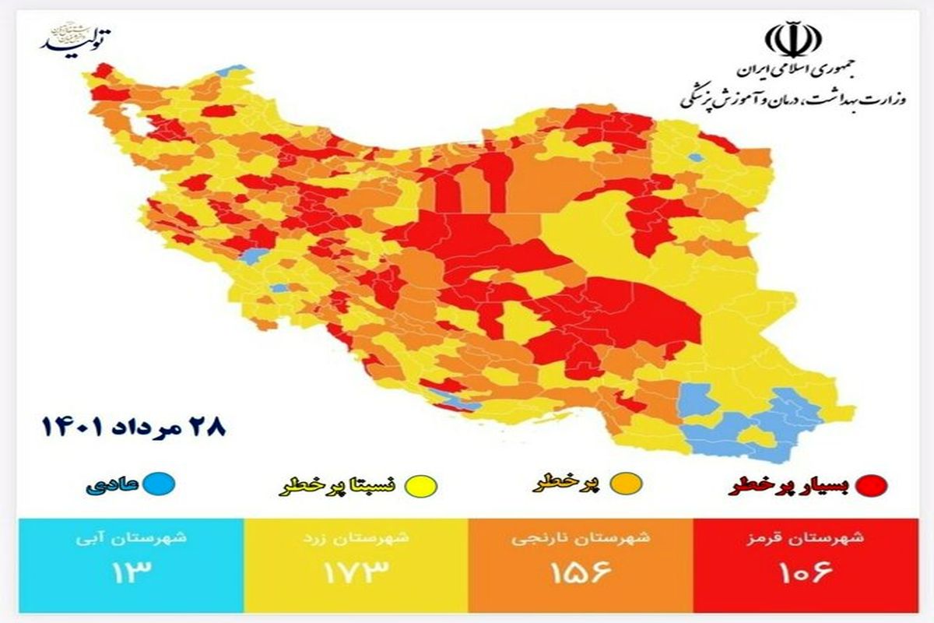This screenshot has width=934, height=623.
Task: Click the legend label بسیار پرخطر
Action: tap(787, 485)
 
